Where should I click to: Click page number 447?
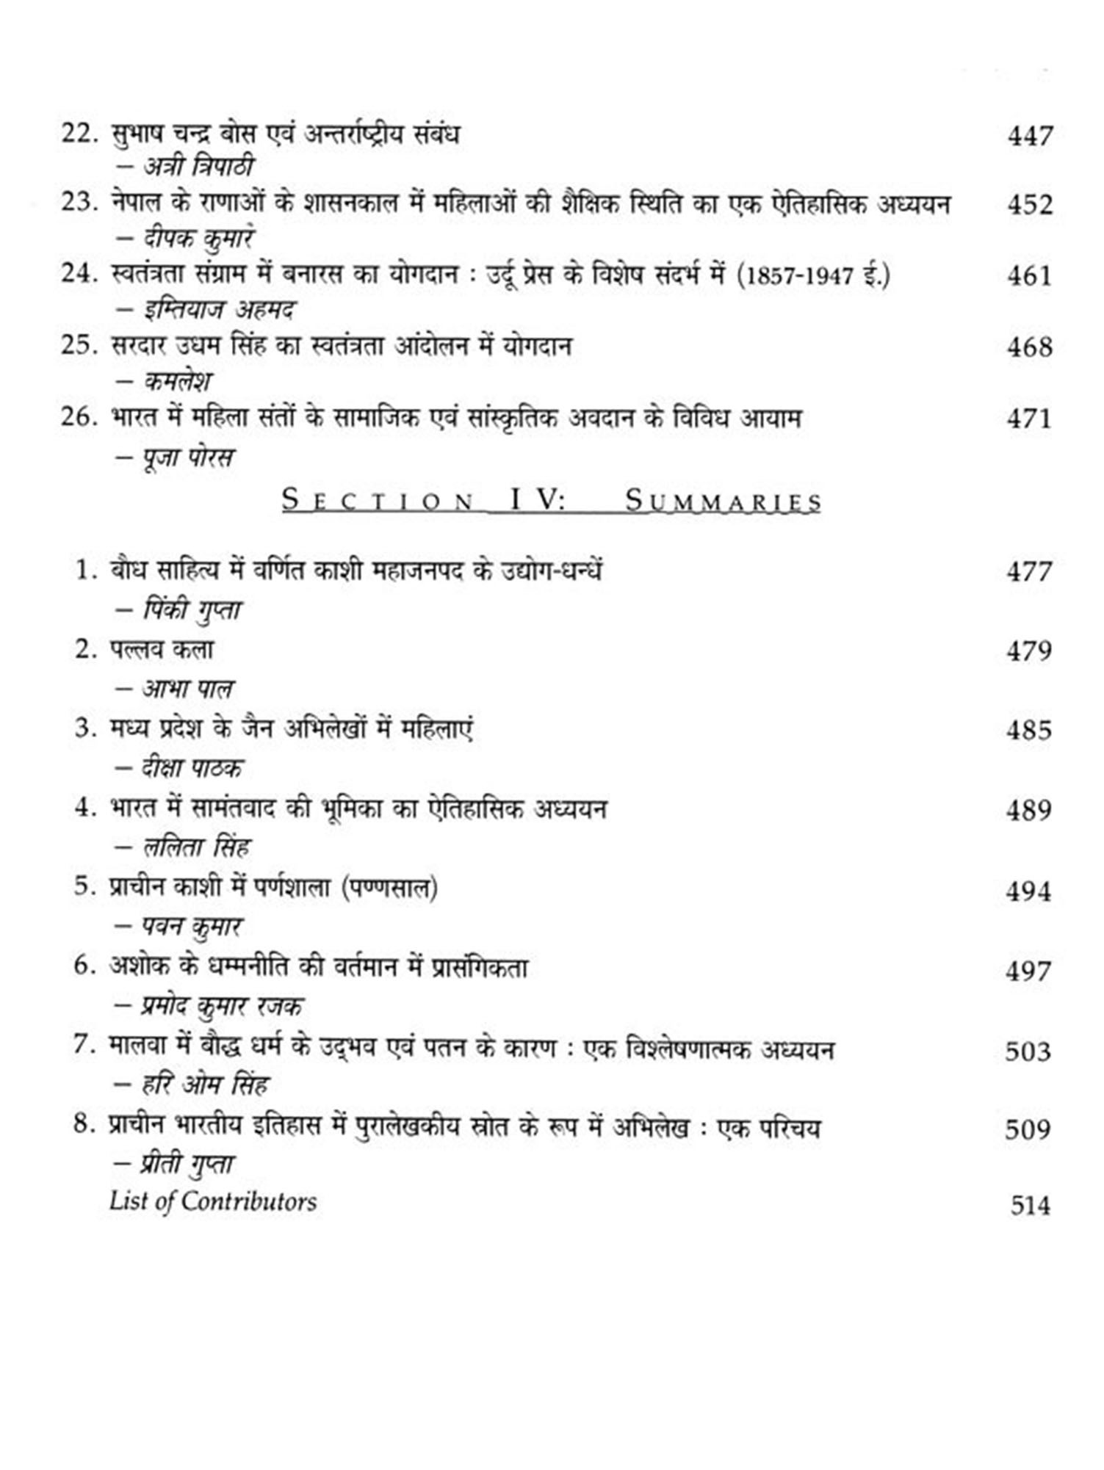click(x=1030, y=136)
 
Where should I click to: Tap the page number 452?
click(x=1030, y=205)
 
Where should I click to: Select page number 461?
click(x=1030, y=276)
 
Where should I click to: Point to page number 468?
click(x=1030, y=347)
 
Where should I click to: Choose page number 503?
click(x=1028, y=1051)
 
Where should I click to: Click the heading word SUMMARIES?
click(x=723, y=502)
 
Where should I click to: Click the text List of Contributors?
click(x=213, y=1201)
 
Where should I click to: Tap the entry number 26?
click(x=79, y=417)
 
